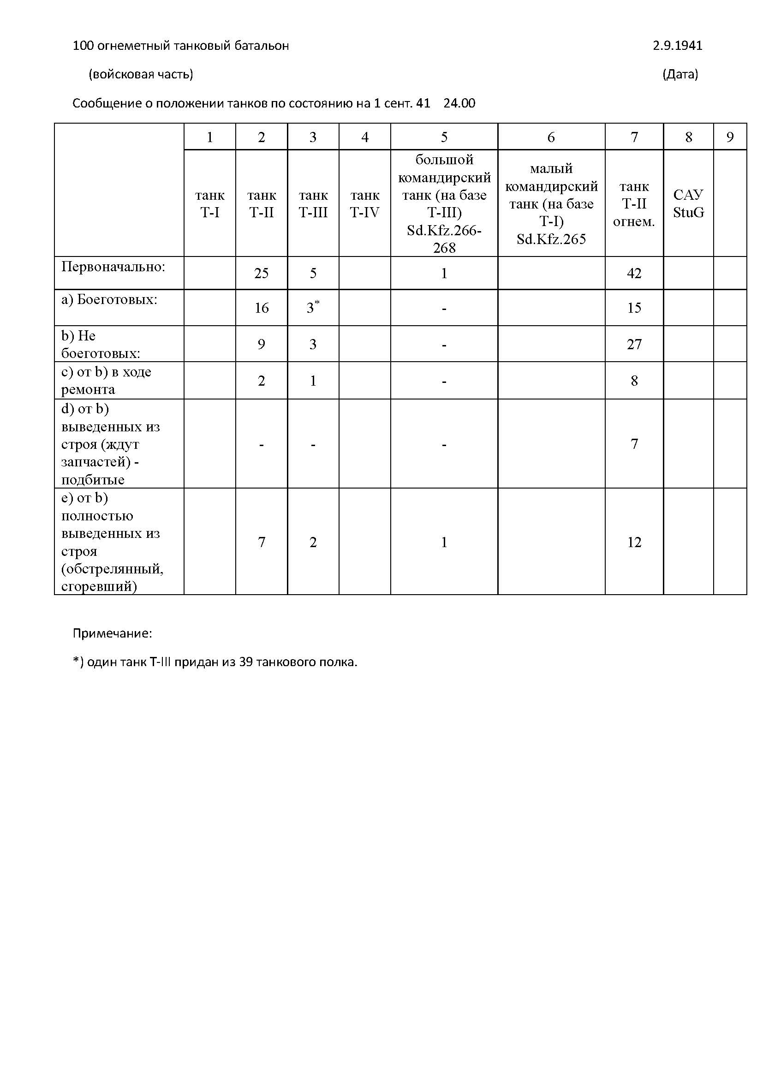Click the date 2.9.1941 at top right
click(x=677, y=46)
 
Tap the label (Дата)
click(x=680, y=74)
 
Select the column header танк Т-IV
click(x=364, y=203)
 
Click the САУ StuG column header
click(x=688, y=203)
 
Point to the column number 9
click(x=730, y=137)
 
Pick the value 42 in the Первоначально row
click(x=634, y=273)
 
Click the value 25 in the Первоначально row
click(x=261, y=273)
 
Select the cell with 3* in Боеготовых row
click(x=313, y=307)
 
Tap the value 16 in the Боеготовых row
click(x=261, y=308)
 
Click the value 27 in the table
click(x=634, y=344)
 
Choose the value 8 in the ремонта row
click(x=634, y=381)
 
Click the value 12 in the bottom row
click(x=634, y=542)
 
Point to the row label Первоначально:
click(x=113, y=267)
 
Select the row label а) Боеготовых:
click(x=109, y=299)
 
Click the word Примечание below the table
click(x=112, y=633)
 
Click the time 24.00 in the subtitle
click(x=459, y=103)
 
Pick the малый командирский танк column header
click(x=551, y=203)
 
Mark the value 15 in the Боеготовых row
click(x=634, y=308)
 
